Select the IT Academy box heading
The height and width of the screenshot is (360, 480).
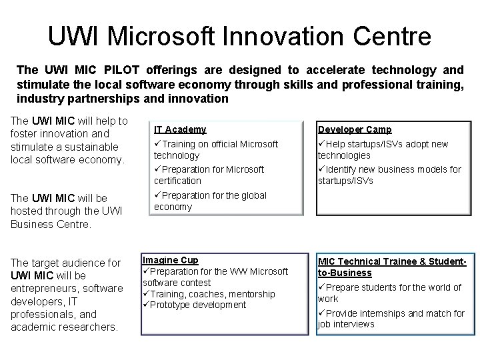click(x=180, y=129)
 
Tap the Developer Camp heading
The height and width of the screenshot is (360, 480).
click(x=354, y=129)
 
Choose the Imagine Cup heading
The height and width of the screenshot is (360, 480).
click(x=171, y=260)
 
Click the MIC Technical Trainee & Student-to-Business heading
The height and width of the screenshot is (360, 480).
click(x=391, y=267)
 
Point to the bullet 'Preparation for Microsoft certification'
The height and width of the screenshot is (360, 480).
click(x=209, y=175)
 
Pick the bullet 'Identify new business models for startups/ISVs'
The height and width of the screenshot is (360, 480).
click(x=389, y=175)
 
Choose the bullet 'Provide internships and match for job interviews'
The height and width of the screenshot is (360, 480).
click(x=391, y=319)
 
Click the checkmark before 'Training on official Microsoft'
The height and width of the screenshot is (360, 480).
click(x=158, y=144)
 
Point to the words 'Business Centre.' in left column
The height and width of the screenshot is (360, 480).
click(x=50, y=225)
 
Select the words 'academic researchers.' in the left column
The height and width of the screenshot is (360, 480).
click(x=64, y=327)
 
